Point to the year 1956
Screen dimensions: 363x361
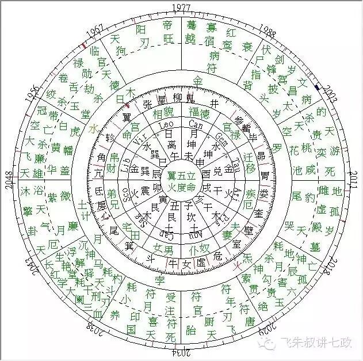coord(35,94)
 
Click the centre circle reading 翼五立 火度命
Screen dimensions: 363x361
coord(182,180)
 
